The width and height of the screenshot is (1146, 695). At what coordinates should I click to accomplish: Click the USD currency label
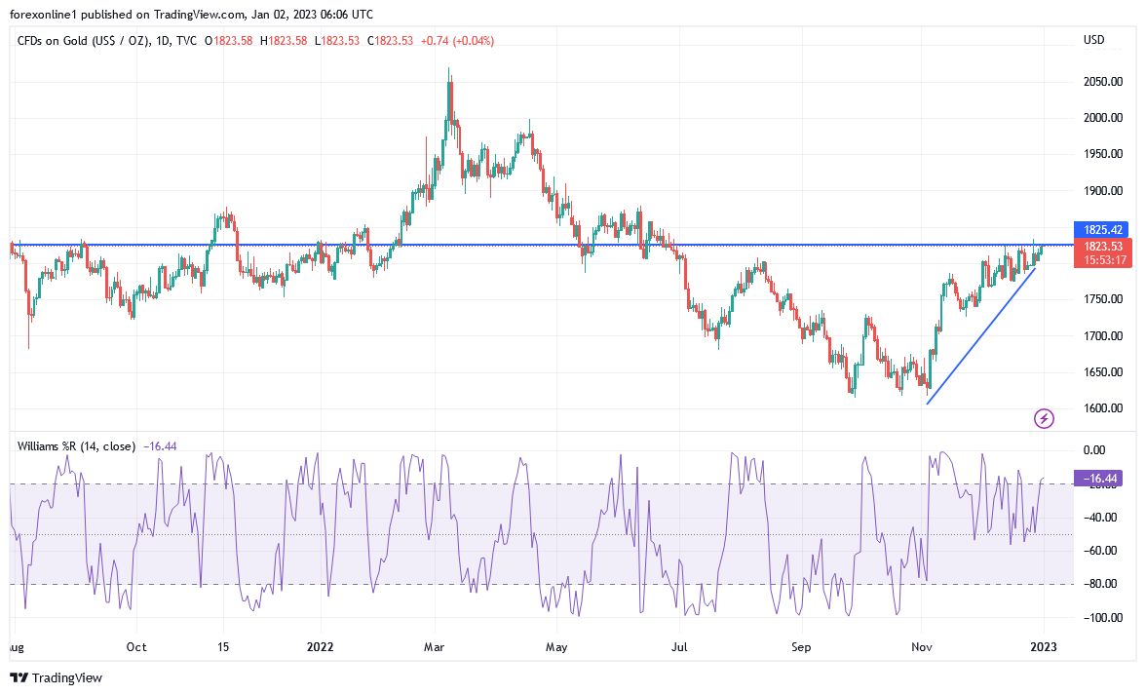[x=1093, y=40]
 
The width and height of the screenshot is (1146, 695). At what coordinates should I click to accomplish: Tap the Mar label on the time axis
[x=435, y=646]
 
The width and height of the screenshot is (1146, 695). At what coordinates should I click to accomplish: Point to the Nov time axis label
[x=920, y=646]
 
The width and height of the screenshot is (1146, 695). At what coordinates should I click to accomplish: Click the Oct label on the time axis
[x=136, y=646]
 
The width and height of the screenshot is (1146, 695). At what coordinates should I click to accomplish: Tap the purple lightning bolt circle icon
[x=1044, y=419]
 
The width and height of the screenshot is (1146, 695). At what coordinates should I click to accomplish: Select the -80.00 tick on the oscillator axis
[x=1095, y=585]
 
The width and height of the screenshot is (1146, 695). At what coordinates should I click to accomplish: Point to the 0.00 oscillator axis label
[x=1095, y=450]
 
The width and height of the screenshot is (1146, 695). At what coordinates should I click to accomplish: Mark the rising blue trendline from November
[x=979, y=334]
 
